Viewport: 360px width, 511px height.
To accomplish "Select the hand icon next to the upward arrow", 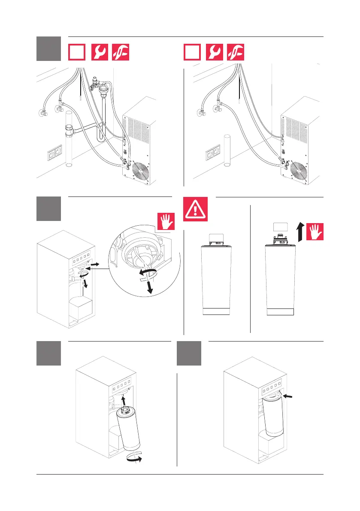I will (315, 232).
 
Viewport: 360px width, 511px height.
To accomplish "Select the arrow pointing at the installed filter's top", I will (290, 398).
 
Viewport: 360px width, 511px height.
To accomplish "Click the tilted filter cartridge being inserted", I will (127, 429).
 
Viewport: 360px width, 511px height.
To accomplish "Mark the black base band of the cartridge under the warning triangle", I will (216, 311).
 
